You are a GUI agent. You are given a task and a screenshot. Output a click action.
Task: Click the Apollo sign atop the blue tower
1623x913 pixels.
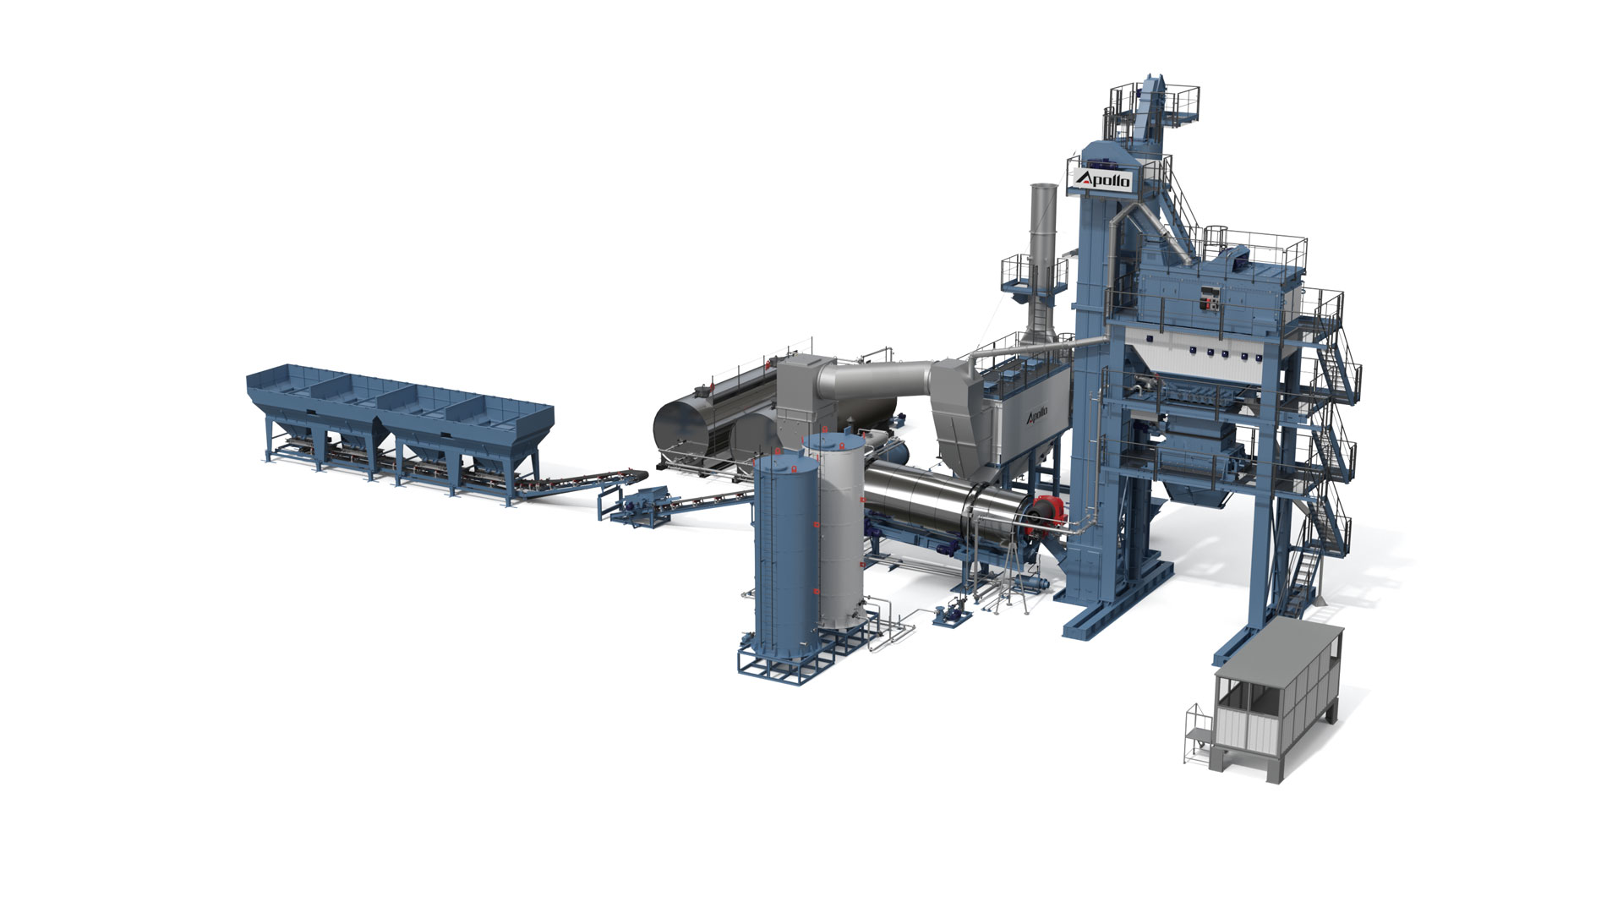pos(1101,179)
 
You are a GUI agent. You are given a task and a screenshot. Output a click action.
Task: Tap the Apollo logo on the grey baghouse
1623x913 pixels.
pos(1036,415)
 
